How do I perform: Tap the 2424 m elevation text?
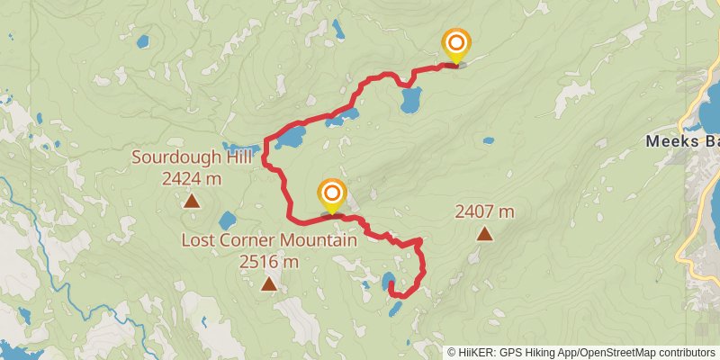pyautogui.click(x=192, y=178)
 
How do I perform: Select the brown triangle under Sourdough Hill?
pyautogui.click(x=192, y=200)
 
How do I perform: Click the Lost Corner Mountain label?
pyautogui.click(x=269, y=241)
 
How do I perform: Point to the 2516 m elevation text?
pyautogui.click(x=268, y=262)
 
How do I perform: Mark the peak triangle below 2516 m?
pyautogui.click(x=268, y=284)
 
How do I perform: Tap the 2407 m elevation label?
pyautogui.click(x=484, y=212)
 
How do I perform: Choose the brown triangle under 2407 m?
pyautogui.click(x=484, y=234)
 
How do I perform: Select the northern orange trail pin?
pyautogui.click(x=456, y=44)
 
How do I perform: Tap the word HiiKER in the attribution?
pyautogui.click(x=474, y=352)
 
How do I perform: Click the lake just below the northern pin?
pyautogui.click(x=411, y=99)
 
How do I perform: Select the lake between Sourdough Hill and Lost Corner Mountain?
pyautogui.click(x=227, y=220)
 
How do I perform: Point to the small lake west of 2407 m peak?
pyautogui.click(x=488, y=140)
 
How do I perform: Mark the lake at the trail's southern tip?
pyautogui.click(x=388, y=281)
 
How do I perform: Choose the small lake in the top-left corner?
pyautogui.click(x=142, y=40)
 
